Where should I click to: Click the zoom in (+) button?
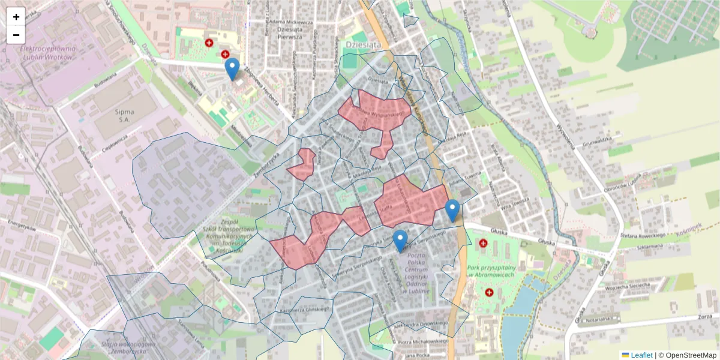tap(16, 17)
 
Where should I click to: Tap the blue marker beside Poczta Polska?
tap(400, 241)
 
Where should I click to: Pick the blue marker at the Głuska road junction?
tap(452, 211)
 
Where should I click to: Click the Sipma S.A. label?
tap(124, 116)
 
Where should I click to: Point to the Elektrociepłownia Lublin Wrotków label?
tap(47, 53)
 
